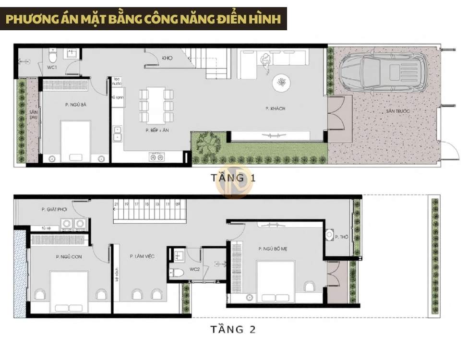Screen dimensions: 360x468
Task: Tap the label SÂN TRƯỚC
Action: pyautogui.click(x=398, y=111)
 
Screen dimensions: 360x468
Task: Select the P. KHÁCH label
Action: pyautogui.click(x=276, y=108)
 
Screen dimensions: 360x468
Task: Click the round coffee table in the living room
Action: pyautogui.click(x=281, y=83)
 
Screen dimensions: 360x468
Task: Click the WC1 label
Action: pyautogui.click(x=51, y=67)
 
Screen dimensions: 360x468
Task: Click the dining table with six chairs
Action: pyautogui.click(x=156, y=104)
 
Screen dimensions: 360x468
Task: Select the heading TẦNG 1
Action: pyautogui.click(x=233, y=178)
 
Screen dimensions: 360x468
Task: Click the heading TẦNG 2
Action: pyautogui.click(x=233, y=329)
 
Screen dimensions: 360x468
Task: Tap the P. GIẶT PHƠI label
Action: pyautogui.click(x=54, y=209)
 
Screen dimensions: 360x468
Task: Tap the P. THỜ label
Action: pyautogui.click(x=341, y=237)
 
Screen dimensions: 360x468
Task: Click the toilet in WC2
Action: pyautogui.click(x=178, y=273)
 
